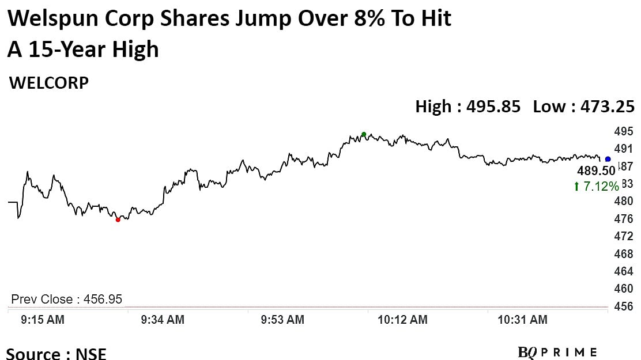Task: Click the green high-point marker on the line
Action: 364,135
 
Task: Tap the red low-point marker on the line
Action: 118,219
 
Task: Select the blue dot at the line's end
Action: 608,159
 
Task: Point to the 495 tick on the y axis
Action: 624,131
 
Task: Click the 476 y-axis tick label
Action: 624,219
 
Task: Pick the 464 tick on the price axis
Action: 624,271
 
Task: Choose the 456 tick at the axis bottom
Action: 624,306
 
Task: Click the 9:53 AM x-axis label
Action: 283,320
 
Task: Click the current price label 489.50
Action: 596,172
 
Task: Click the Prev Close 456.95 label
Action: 67,300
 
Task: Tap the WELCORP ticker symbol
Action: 49,83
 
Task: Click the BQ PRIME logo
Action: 557,352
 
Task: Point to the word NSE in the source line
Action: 91,353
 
